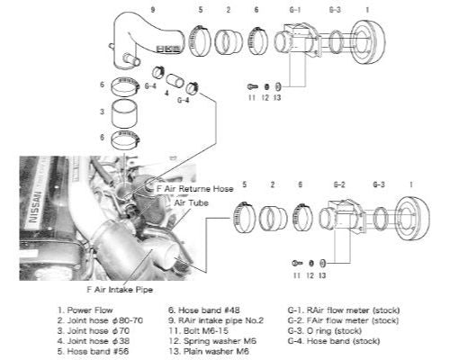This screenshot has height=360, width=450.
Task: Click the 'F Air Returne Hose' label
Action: point(194,191)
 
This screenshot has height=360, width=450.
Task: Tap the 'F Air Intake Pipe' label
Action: point(120,290)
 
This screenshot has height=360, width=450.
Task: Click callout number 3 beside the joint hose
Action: point(103,113)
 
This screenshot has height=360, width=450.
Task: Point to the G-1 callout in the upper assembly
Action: point(293,10)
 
